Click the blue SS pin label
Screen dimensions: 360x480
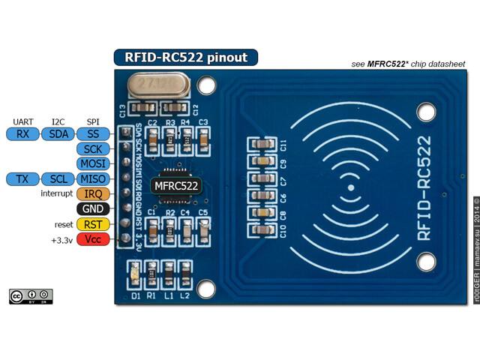point(93,133)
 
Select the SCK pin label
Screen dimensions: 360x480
point(93,148)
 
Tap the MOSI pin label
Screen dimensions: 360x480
point(93,163)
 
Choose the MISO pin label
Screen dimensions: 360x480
point(93,178)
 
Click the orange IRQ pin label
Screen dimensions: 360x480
point(93,193)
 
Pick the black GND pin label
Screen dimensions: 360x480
point(93,208)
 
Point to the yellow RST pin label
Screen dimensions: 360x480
point(93,224)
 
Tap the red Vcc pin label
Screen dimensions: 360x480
point(93,239)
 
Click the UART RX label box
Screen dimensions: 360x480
point(22,133)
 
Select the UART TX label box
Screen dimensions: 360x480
point(22,178)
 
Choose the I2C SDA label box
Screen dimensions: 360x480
point(58,133)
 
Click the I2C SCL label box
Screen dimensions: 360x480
point(58,178)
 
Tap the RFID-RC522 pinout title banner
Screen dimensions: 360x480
point(185,57)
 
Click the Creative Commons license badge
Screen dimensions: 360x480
point(30,295)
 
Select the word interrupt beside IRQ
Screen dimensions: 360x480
point(56,193)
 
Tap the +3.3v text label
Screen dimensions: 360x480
point(61,239)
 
